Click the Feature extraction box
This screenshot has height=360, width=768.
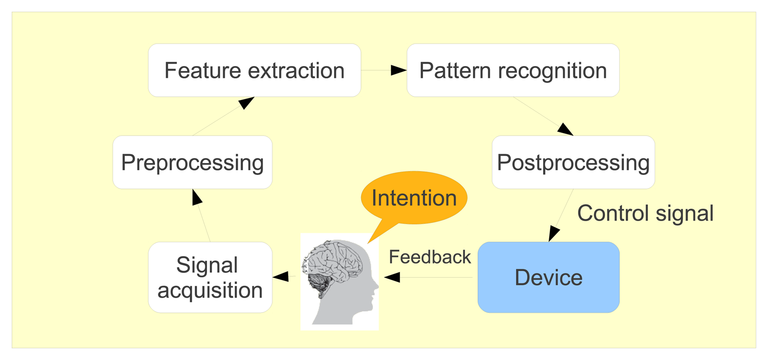(x=254, y=70)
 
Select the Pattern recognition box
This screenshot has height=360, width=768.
(x=513, y=70)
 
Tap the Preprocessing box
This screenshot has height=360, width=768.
(x=192, y=163)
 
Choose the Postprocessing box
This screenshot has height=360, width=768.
(x=573, y=163)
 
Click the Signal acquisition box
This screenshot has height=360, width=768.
(x=210, y=277)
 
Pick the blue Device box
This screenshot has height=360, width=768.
(x=548, y=277)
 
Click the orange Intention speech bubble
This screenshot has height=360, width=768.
(x=414, y=197)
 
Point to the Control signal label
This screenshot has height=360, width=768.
(x=645, y=213)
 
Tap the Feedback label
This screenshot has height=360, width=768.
(x=430, y=257)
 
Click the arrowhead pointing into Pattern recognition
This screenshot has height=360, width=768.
(x=398, y=70)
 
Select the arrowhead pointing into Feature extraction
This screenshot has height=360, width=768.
(x=246, y=103)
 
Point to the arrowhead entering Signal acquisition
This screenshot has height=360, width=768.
(x=281, y=277)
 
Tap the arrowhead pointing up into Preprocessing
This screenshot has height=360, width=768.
(x=197, y=197)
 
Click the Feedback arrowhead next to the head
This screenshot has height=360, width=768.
(x=392, y=277)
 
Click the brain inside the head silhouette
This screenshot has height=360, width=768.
(x=336, y=260)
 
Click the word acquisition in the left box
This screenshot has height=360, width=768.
(x=210, y=290)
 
